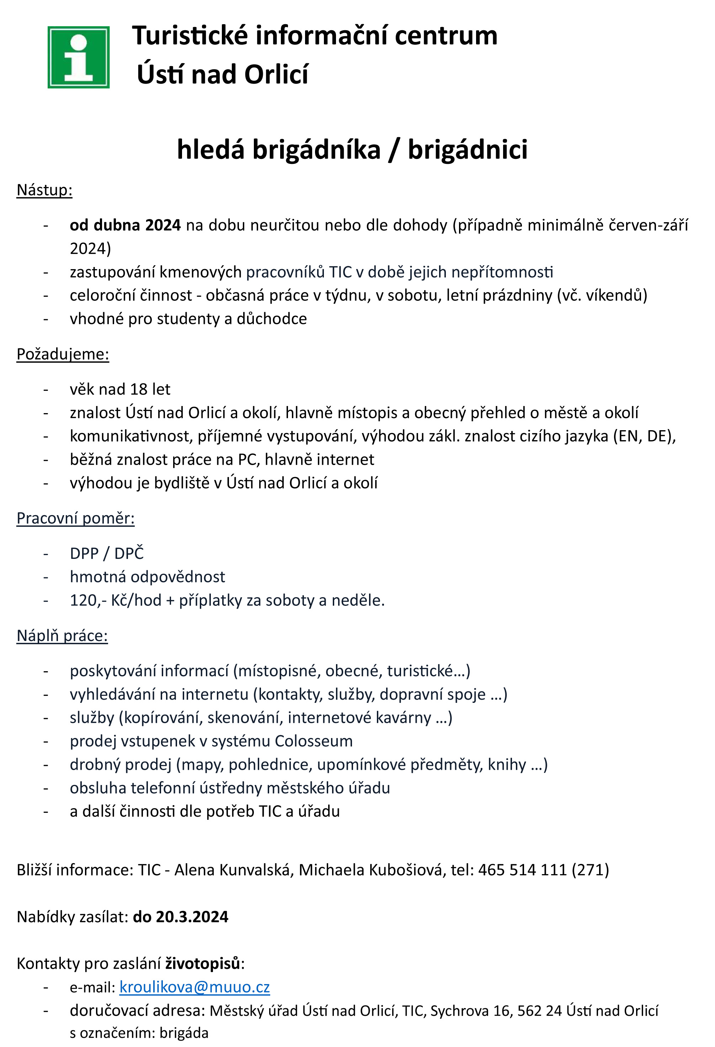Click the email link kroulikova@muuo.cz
tap(194, 987)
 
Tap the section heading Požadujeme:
tap(63, 354)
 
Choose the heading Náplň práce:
tap(62, 635)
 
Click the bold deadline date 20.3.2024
tap(192, 917)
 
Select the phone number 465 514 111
tap(522, 870)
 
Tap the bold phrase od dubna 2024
tap(125, 225)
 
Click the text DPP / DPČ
tap(106, 553)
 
